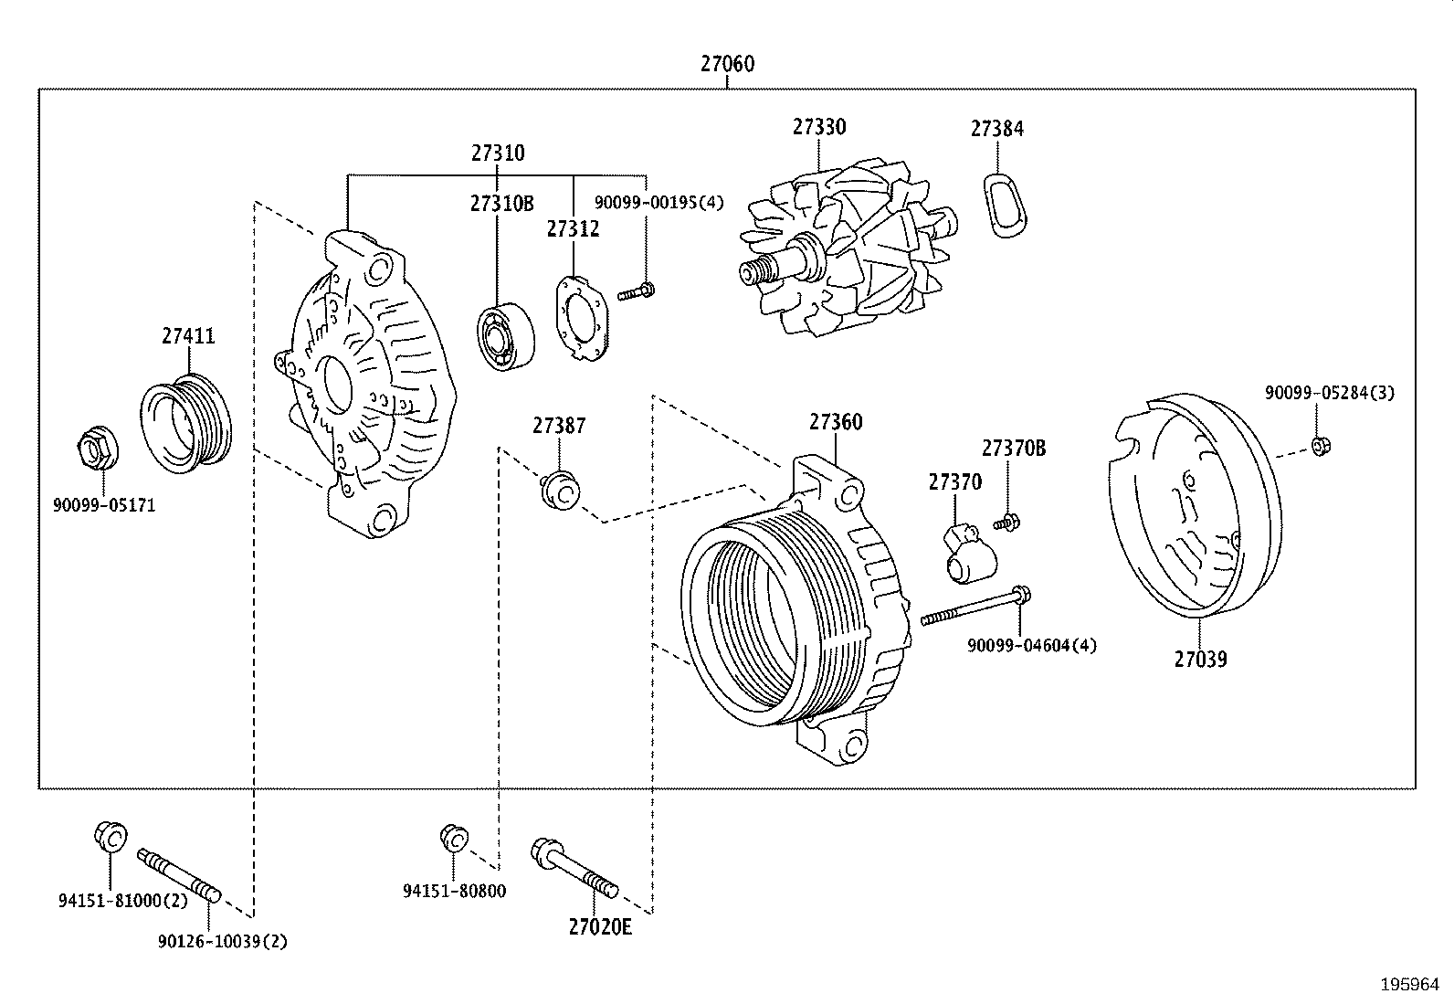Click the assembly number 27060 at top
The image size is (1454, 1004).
(727, 64)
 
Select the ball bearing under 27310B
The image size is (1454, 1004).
(508, 338)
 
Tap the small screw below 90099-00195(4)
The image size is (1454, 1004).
(637, 293)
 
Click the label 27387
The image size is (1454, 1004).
(559, 426)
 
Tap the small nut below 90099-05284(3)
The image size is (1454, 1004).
(1318, 446)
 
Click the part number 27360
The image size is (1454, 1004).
(835, 422)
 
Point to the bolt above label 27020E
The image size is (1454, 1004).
(574, 868)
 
